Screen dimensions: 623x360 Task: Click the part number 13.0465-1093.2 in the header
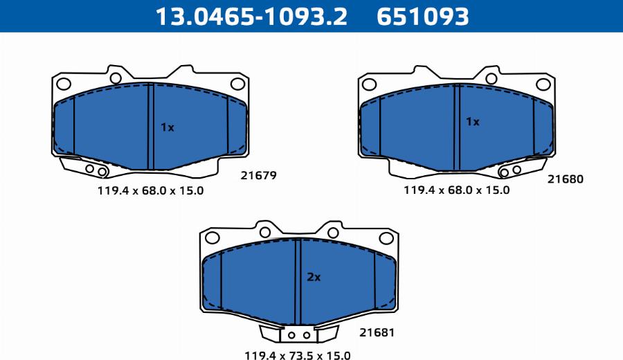tap(251, 17)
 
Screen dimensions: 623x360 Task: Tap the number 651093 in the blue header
tap(423, 17)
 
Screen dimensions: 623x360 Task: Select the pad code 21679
tap(258, 175)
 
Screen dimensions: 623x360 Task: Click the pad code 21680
tap(566, 179)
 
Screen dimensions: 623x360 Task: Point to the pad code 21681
tap(377, 332)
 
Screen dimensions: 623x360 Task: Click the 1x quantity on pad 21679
tap(168, 127)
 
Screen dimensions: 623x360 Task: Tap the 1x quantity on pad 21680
tap(473, 122)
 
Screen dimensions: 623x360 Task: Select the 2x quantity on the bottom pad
tap(314, 277)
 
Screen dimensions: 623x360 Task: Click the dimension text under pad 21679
tap(151, 190)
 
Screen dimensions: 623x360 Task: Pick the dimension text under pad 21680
tap(457, 190)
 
